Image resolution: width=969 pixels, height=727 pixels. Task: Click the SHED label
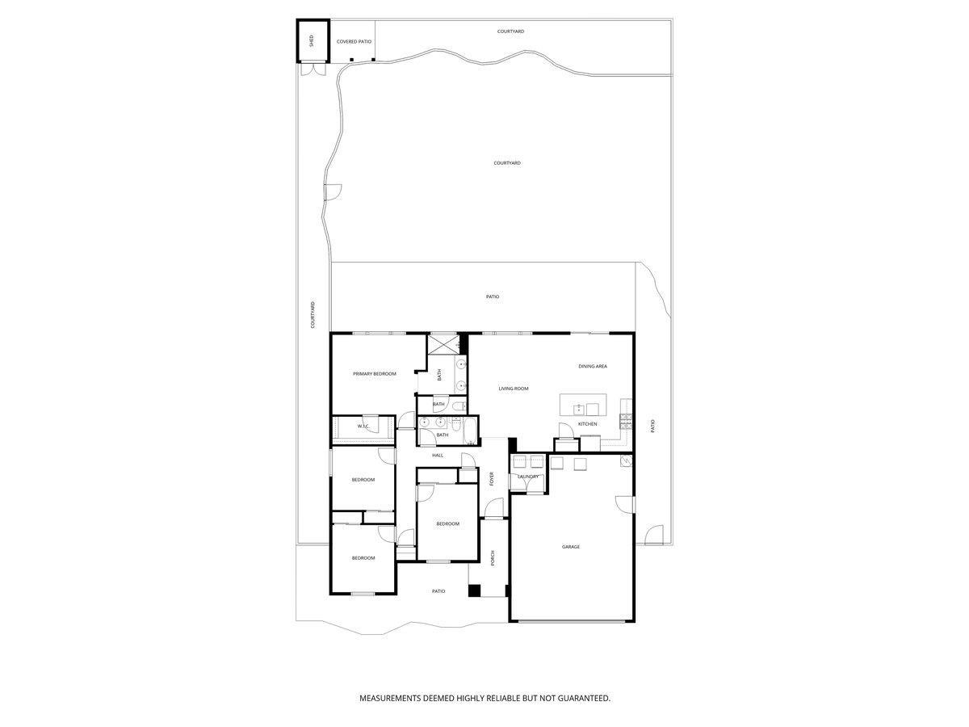click(311, 40)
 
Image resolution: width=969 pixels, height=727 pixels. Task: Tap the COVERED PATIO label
click(354, 41)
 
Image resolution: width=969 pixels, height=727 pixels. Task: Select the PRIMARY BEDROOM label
click(375, 374)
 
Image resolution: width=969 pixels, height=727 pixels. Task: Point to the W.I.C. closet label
click(363, 426)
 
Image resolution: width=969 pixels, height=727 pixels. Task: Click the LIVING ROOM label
click(514, 389)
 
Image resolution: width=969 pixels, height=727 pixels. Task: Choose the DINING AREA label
click(593, 367)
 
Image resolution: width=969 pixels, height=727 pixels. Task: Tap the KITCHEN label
click(587, 424)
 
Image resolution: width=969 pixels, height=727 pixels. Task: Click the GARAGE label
click(571, 547)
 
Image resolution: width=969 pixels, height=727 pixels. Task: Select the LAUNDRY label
click(528, 477)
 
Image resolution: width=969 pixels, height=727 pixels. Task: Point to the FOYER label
click(492, 478)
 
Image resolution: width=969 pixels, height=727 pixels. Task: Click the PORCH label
click(492, 557)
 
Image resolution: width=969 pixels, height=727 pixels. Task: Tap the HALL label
click(438, 456)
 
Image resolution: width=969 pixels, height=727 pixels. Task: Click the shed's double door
click(311, 70)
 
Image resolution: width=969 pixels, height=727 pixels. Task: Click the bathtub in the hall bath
click(469, 430)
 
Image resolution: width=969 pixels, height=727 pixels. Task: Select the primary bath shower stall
click(442, 344)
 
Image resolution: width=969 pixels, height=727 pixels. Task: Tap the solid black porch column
click(475, 590)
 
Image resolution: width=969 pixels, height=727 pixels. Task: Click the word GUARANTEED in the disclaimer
click(581, 698)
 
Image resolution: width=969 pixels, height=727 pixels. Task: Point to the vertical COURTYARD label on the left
click(313, 315)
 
